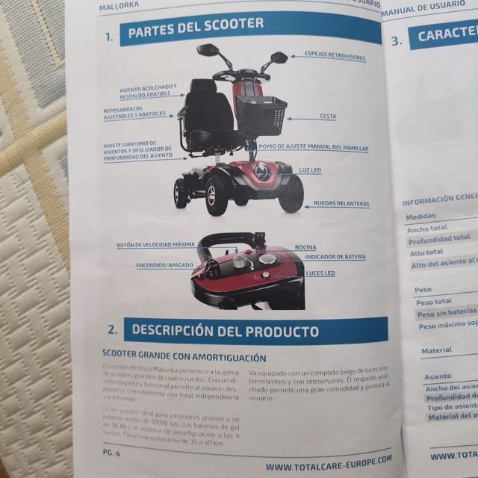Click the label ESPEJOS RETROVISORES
click(x=335, y=56)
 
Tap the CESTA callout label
click(x=327, y=117)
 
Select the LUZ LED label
click(x=310, y=170)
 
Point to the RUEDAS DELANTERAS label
click(x=341, y=203)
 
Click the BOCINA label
click(x=305, y=246)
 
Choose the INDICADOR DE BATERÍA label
click(x=335, y=256)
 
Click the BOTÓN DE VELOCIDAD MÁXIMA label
click(x=155, y=244)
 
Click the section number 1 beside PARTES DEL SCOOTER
click(x=109, y=35)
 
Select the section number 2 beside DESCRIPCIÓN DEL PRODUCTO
click(x=111, y=329)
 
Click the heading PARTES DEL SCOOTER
click(x=196, y=24)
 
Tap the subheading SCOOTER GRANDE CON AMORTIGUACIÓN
click(x=184, y=357)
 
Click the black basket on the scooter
click(x=261, y=114)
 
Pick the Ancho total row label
click(x=427, y=229)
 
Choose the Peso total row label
click(x=434, y=302)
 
